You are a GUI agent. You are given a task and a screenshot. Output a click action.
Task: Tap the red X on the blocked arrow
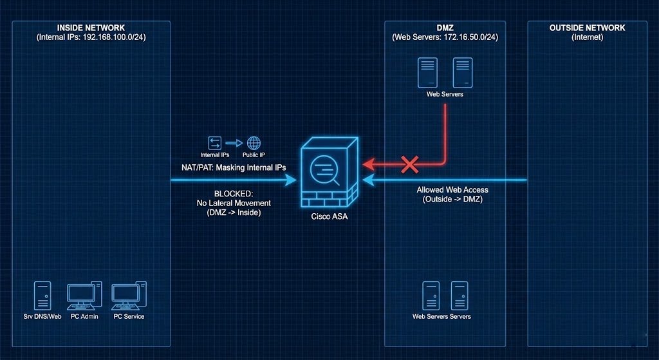[410, 164]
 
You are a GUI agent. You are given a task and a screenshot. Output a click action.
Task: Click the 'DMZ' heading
[445, 28]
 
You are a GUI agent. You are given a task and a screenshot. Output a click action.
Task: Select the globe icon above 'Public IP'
[254, 143]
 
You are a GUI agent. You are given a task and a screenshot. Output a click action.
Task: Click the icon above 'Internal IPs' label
[214, 143]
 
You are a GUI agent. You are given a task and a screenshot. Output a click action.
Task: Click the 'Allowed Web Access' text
[452, 190]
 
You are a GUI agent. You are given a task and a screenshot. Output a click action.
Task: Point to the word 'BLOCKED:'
[233, 194]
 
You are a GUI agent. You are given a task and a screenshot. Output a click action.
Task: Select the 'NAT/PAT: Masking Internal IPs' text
[233, 167]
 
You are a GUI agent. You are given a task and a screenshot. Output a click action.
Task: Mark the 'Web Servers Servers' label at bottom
[441, 316]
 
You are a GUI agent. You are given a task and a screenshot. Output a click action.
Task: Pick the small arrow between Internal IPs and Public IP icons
[234, 143]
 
